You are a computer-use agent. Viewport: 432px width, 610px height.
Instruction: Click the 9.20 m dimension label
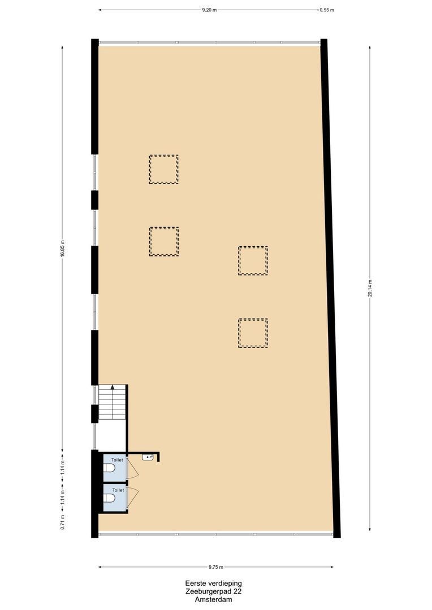click(x=209, y=10)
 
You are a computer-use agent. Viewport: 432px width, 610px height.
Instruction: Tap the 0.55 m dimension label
click(x=327, y=10)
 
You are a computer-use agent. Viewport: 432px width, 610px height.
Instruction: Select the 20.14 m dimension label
click(x=370, y=288)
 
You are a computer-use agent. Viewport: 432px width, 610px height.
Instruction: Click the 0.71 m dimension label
click(x=62, y=520)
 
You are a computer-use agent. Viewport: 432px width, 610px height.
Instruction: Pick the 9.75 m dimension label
click(x=215, y=567)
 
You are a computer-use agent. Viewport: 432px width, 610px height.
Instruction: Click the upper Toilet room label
click(x=116, y=460)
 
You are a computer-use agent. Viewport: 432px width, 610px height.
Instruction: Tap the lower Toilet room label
click(x=118, y=490)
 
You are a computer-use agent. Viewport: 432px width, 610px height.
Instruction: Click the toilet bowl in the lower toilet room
click(x=109, y=499)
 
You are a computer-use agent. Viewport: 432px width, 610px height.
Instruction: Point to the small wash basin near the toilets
click(x=149, y=456)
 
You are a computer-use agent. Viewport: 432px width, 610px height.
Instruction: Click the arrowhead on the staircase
click(x=113, y=387)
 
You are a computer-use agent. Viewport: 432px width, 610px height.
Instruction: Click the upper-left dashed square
click(x=163, y=169)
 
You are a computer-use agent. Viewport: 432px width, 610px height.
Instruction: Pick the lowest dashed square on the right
click(x=253, y=333)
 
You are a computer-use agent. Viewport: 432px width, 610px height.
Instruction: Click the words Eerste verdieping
click(x=213, y=583)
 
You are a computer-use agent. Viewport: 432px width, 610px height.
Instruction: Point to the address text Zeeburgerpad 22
click(x=213, y=591)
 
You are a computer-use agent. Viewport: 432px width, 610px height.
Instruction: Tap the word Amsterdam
click(x=213, y=600)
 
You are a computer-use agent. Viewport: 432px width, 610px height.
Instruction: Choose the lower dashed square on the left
click(x=164, y=242)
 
